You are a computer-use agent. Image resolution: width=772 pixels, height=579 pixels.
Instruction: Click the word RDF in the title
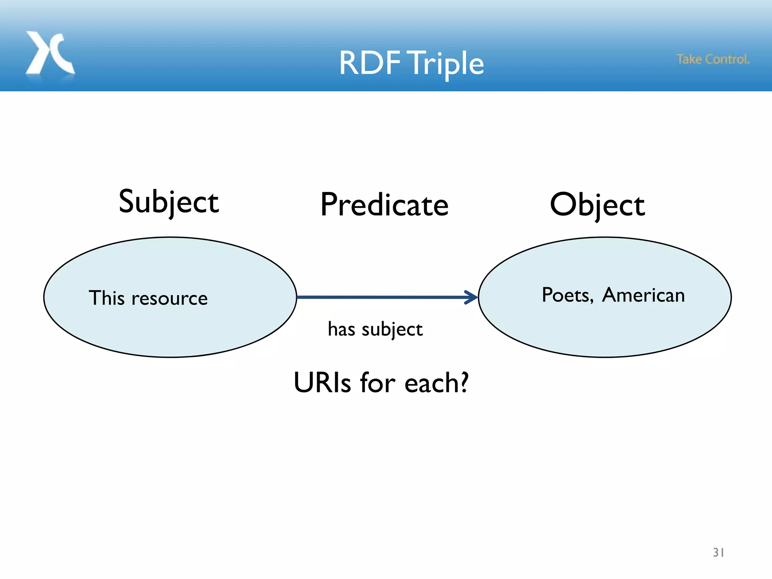369,63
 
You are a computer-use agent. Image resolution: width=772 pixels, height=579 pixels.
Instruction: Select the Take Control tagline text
713,59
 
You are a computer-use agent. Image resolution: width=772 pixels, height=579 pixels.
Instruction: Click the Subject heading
168,202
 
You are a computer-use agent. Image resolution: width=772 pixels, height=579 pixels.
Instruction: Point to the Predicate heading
384,205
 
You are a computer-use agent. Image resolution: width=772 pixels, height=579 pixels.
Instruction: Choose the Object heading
597,205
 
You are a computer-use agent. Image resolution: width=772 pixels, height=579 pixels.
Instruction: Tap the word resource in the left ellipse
169,299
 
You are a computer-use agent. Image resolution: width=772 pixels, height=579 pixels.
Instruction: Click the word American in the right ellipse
643,295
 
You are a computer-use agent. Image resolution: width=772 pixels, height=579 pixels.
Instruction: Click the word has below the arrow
341,329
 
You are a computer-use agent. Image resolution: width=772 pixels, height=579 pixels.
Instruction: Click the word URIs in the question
322,383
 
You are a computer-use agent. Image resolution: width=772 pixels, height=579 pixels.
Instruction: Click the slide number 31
718,552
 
